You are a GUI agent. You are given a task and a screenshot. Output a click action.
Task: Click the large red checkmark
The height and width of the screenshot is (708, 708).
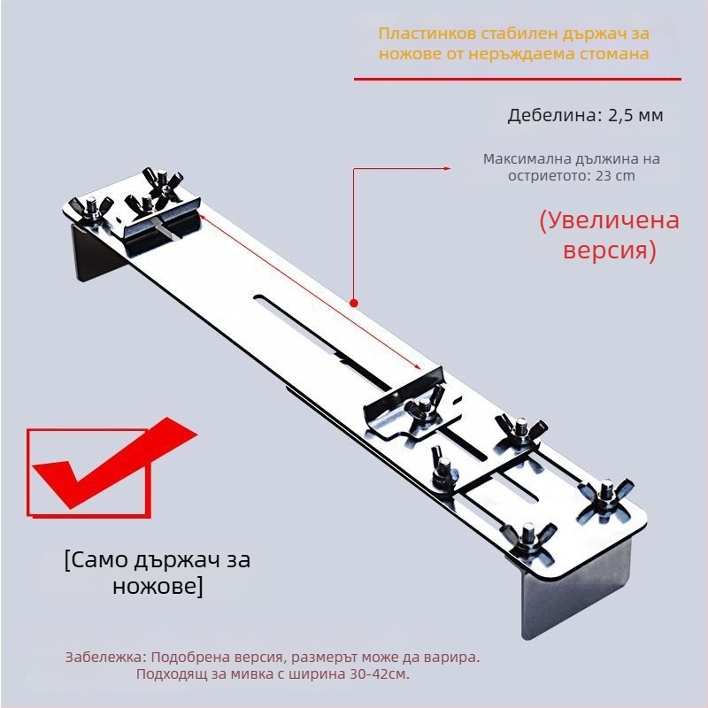(x=106, y=469)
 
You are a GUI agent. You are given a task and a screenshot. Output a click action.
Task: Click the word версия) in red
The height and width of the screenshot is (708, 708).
(x=610, y=250)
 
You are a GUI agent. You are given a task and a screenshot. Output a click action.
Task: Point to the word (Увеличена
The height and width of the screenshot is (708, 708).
(x=609, y=220)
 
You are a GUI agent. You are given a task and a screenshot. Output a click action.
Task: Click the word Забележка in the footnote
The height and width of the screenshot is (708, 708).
(x=106, y=658)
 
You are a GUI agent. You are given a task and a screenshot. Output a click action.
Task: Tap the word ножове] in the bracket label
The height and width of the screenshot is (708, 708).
(x=157, y=586)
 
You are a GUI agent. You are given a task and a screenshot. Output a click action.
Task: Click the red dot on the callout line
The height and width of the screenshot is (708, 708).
(x=354, y=303)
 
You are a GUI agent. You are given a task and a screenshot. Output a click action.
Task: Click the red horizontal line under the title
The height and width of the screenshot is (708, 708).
(x=517, y=80)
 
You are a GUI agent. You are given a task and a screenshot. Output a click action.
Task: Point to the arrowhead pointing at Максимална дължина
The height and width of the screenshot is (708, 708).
(x=448, y=167)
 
